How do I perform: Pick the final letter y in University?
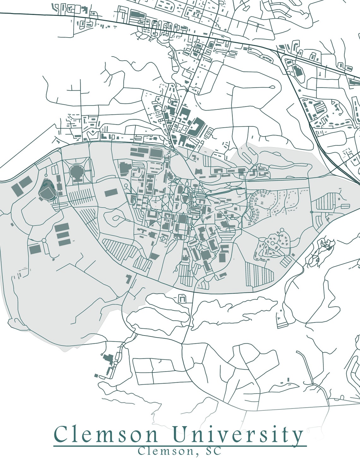297,436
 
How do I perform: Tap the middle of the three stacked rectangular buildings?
63,234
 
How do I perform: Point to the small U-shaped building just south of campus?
182,298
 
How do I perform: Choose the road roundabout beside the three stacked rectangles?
44,241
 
